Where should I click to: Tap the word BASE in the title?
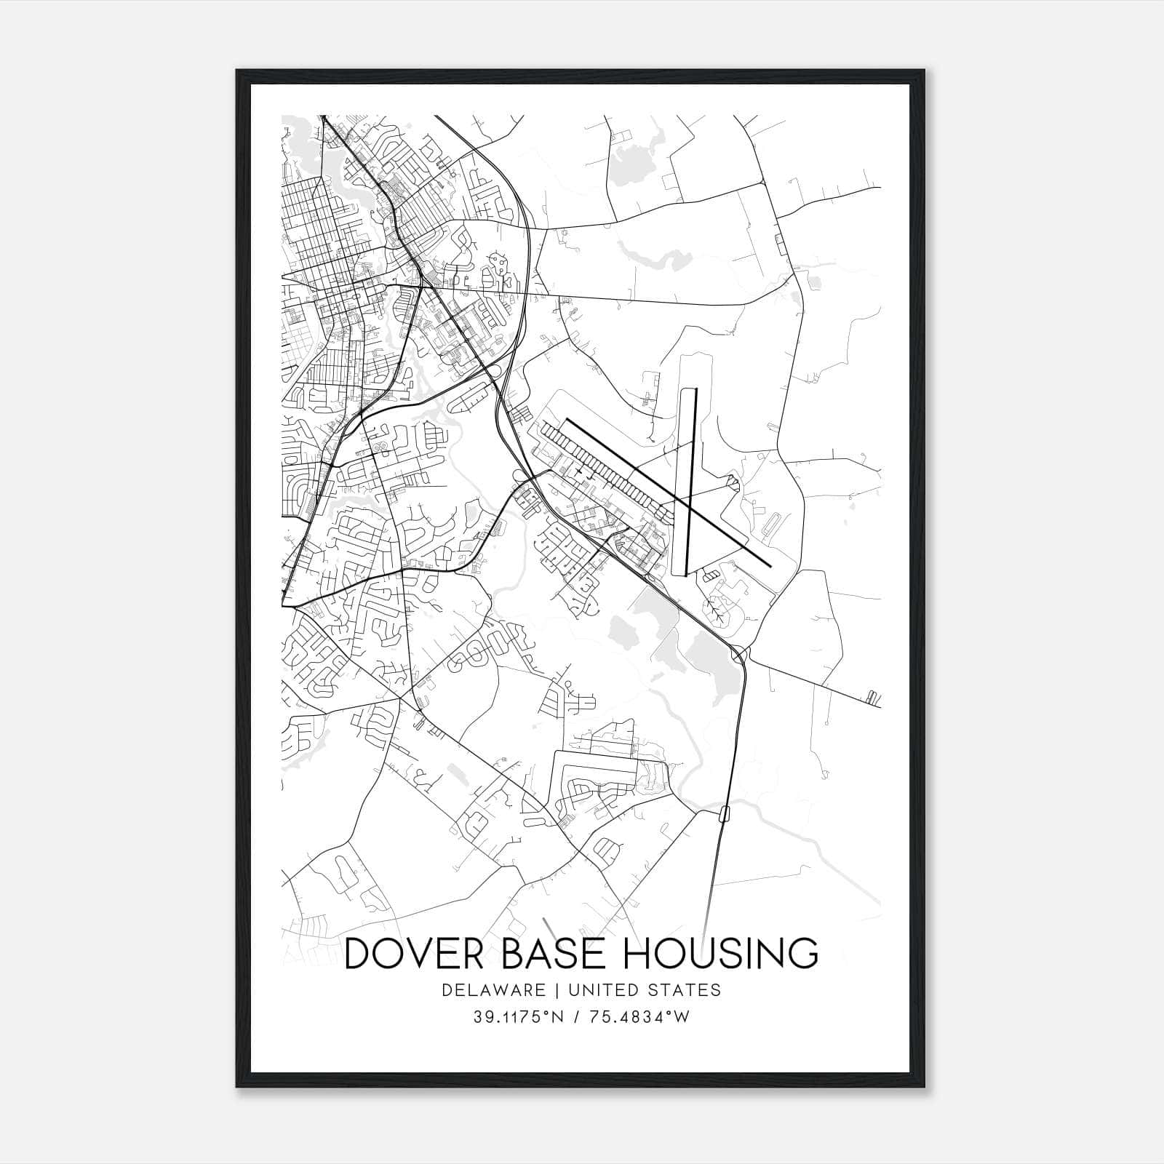[x=572, y=953]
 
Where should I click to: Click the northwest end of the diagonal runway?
[x=567, y=420]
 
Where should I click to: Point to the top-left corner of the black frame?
[x=237, y=71]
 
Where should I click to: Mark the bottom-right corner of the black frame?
[x=925, y=1087]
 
